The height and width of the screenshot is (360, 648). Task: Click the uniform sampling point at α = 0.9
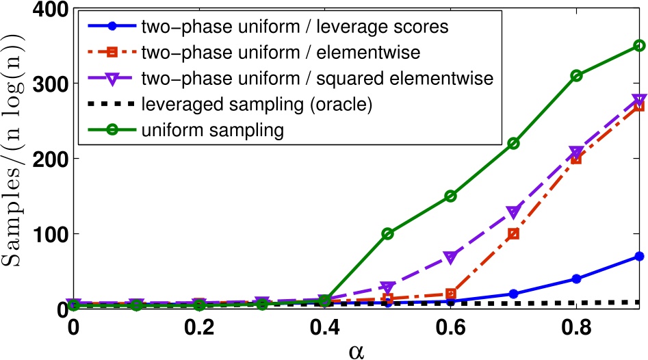click(x=639, y=45)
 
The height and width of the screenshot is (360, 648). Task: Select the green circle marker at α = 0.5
click(x=388, y=233)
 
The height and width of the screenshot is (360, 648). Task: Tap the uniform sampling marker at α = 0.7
click(x=513, y=143)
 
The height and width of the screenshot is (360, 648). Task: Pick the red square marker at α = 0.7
click(x=513, y=233)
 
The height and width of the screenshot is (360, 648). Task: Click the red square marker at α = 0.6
click(x=450, y=294)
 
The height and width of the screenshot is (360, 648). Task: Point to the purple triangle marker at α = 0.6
click(x=450, y=257)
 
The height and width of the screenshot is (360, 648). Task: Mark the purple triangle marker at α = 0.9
click(x=639, y=100)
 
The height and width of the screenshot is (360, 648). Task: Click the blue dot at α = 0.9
click(x=639, y=256)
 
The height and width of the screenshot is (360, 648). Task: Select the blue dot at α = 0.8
click(x=576, y=279)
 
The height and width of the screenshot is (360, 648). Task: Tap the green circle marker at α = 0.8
click(x=576, y=75)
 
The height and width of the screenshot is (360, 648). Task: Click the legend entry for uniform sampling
click(x=198, y=130)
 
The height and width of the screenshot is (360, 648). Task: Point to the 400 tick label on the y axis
click(x=42, y=10)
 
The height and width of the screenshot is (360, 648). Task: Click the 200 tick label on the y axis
click(x=42, y=159)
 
